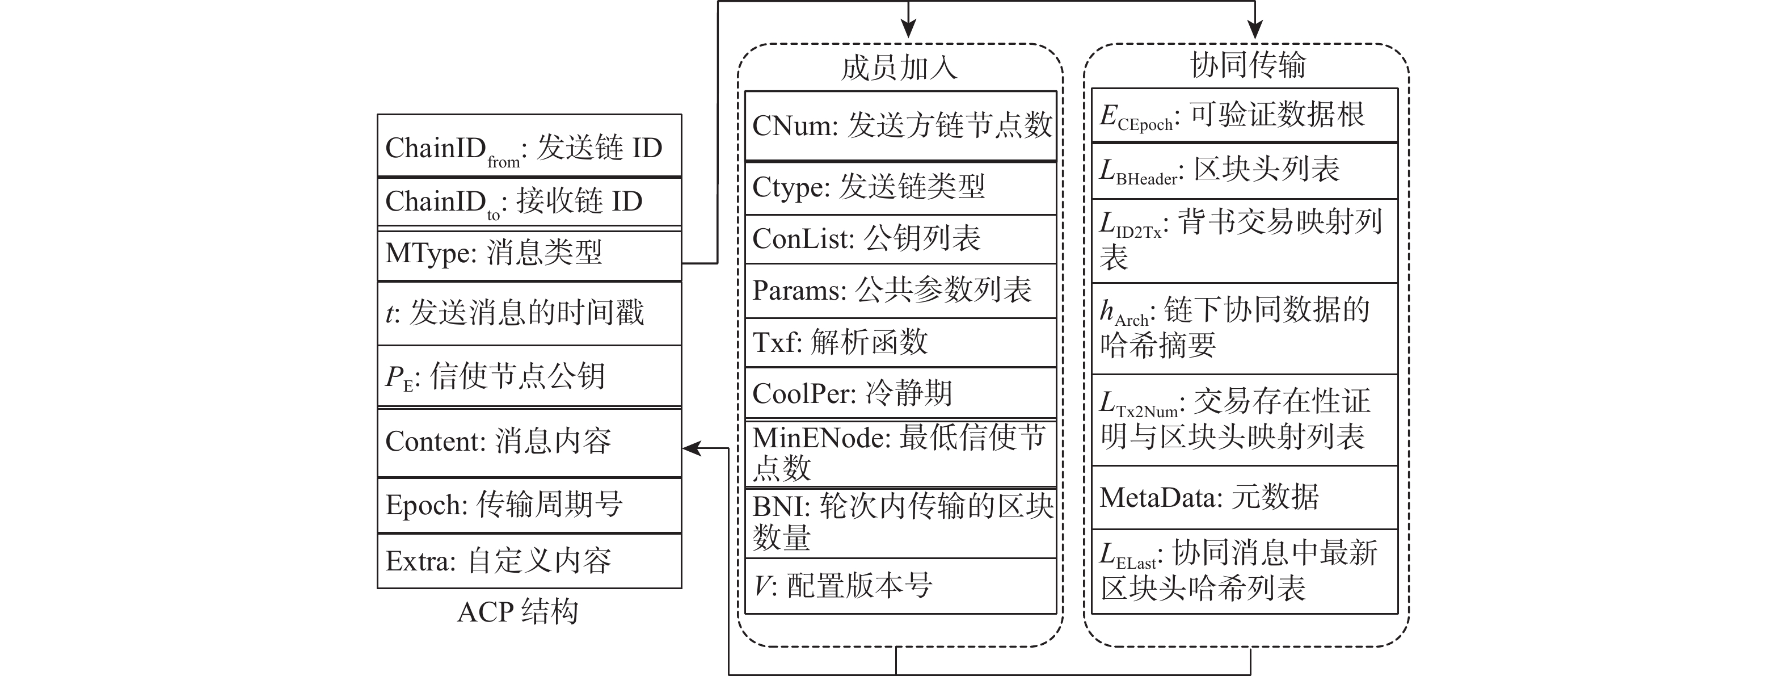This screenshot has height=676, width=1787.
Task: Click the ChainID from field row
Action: click(x=529, y=146)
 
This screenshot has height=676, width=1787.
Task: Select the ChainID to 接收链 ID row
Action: click(x=529, y=202)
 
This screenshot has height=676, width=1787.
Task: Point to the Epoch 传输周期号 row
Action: click(x=529, y=505)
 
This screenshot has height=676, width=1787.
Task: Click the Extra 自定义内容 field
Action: click(x=529, y=561)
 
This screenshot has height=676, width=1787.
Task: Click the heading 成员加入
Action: click(x=899, y=68)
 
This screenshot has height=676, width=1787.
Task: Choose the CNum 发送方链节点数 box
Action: click(x=900, y=125)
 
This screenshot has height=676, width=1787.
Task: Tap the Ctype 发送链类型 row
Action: click(x=900, y=187)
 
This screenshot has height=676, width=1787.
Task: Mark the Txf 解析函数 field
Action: click(x=900, y=342)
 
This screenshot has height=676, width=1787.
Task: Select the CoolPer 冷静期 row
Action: click(x=900, y=393)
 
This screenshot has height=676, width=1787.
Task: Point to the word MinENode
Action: click(x=821, y=439)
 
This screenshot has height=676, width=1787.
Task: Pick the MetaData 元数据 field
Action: click(x=1245, y=497)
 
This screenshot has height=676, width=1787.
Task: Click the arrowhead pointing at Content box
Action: click(x=691, y=448)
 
